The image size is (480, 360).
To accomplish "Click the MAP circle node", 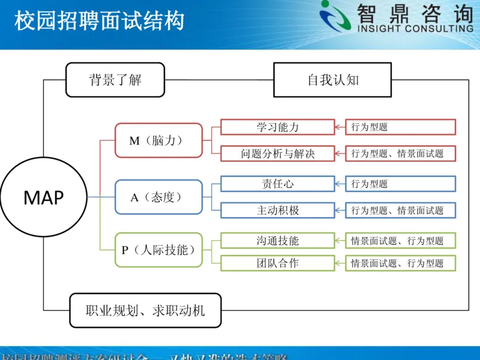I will tap(43, 197).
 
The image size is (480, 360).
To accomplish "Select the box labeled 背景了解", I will tap(115, 80).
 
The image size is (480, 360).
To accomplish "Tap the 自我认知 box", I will tap(333, 80).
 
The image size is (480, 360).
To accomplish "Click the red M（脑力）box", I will tap(158, 140).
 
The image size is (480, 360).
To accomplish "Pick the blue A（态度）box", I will tap(158, 197).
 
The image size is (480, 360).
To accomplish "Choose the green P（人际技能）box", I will tap(158, 250).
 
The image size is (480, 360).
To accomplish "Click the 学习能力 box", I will tap(277, 127).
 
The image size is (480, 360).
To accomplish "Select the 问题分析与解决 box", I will tap(277, 154).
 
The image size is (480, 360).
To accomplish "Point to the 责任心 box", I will tap(277, 184).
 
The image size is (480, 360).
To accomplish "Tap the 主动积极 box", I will tap(277, 210).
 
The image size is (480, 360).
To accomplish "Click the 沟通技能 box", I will tap(277, 241).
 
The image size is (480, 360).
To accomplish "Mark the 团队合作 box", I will tap(277, 263).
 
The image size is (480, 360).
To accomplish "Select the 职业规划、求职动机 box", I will tap(145, 310).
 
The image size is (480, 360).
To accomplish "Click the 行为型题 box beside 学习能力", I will tap(400, 127).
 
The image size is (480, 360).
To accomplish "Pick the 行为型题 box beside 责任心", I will tap(400, 184).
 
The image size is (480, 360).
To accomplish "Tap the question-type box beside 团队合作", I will tap(400, 263).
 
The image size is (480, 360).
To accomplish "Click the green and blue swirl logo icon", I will tap(336, 17).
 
